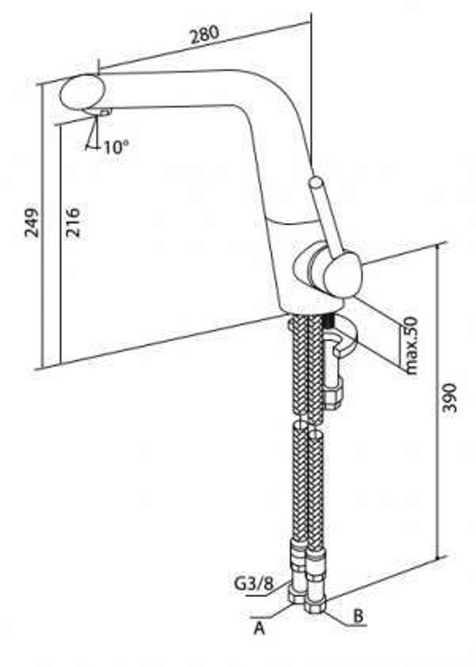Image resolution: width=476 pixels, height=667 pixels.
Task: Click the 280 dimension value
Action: click(204, 35)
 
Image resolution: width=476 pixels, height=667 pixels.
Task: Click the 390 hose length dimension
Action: click(449, 398)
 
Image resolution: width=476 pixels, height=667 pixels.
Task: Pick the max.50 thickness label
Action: click(411, 345)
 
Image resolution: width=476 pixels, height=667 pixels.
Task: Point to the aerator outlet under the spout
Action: click(99, 113)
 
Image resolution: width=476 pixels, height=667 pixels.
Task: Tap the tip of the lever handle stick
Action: click(316, 182)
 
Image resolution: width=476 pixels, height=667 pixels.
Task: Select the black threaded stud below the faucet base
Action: click(329, 321)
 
